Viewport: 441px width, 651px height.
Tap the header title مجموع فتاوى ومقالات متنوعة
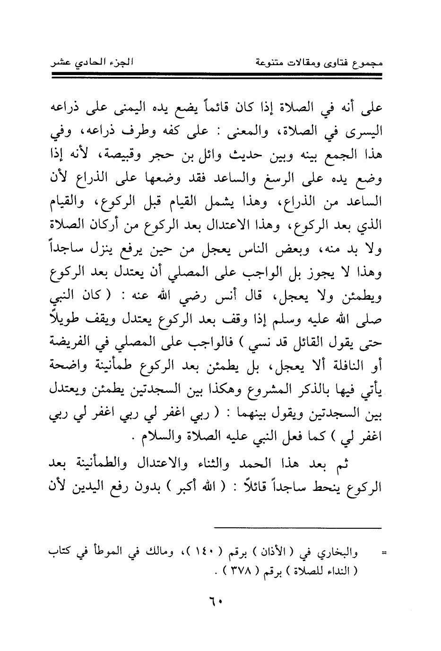[x=317, y=62]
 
